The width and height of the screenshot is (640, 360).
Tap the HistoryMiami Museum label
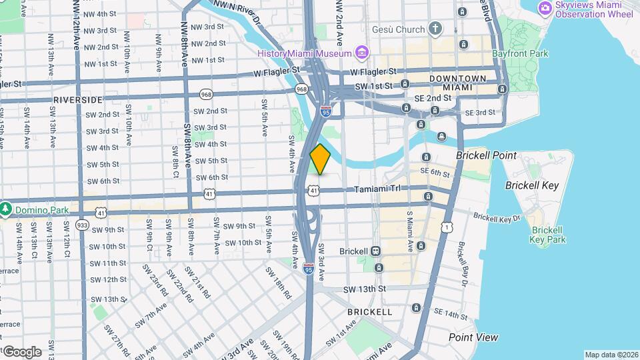click(x=304, y=53)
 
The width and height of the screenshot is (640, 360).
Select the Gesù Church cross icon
click(x=435, y=29)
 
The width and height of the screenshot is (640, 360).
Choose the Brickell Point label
click(x=486, y=155)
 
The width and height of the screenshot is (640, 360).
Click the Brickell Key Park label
click(x=547, y=235)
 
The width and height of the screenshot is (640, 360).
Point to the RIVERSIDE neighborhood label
click(x=78, y=99)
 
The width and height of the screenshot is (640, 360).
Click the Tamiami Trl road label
click(x=377, y=189)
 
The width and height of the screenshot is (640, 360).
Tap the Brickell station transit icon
click(x=376, y=251)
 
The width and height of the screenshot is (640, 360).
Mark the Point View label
click(x=473, y=337)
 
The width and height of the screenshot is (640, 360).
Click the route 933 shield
click(x=83, y=225)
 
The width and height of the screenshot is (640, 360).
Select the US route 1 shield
click(x=445, y=228)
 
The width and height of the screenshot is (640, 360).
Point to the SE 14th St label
click(x=451, y=313)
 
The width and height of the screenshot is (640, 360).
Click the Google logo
click(x=22, y=351)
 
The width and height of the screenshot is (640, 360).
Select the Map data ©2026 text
click(x=611, y=355)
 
